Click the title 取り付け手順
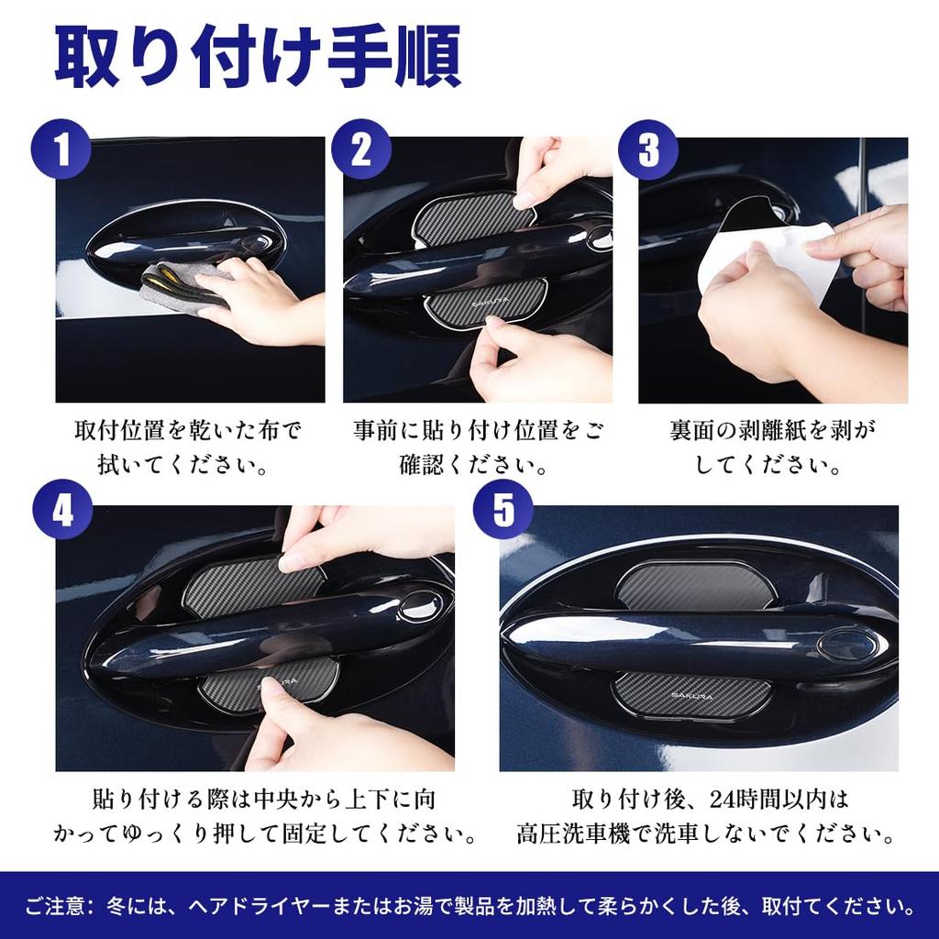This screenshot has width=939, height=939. (258, 57)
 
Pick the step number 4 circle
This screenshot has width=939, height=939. (62, 511)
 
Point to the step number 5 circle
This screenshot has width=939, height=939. (503, 511)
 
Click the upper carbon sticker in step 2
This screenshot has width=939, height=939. (468, 216)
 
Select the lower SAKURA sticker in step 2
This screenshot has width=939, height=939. (486, 301)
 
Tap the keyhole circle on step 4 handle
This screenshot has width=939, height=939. (420, 604)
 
